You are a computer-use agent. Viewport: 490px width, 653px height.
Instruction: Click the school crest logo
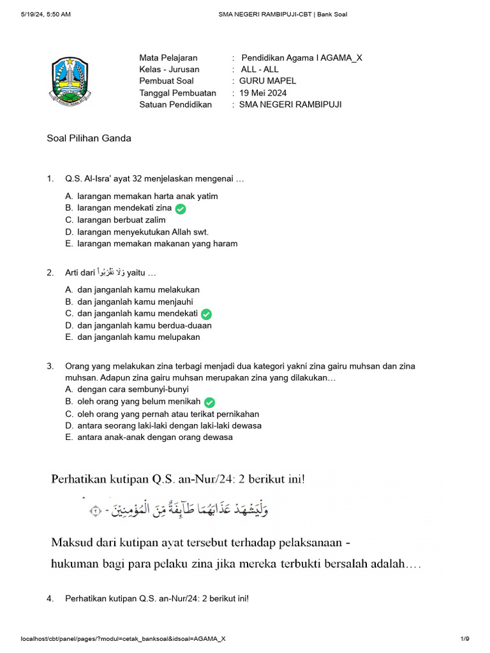71,80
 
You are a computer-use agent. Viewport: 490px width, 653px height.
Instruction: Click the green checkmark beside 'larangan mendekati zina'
181,209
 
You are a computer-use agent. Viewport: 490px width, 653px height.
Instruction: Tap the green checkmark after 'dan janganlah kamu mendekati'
206,314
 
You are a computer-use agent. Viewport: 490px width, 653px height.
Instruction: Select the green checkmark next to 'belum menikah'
209,402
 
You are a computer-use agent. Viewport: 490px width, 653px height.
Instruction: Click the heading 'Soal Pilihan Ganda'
89,138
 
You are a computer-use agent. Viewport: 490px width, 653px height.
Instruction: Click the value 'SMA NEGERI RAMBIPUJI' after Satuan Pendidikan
290,105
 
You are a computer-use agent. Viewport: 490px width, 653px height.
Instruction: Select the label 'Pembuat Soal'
166,81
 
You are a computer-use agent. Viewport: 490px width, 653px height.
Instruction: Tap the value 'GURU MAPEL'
268,81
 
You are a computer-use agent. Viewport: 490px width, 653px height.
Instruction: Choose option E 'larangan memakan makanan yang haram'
157,244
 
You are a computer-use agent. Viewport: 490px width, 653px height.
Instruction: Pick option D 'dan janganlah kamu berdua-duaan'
144,325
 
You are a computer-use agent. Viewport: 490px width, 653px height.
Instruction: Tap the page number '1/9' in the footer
464,638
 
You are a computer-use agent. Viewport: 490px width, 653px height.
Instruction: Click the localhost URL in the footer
123,638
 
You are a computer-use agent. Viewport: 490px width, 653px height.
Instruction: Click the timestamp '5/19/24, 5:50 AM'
45,14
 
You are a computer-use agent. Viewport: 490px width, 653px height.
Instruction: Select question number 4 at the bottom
50,599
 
